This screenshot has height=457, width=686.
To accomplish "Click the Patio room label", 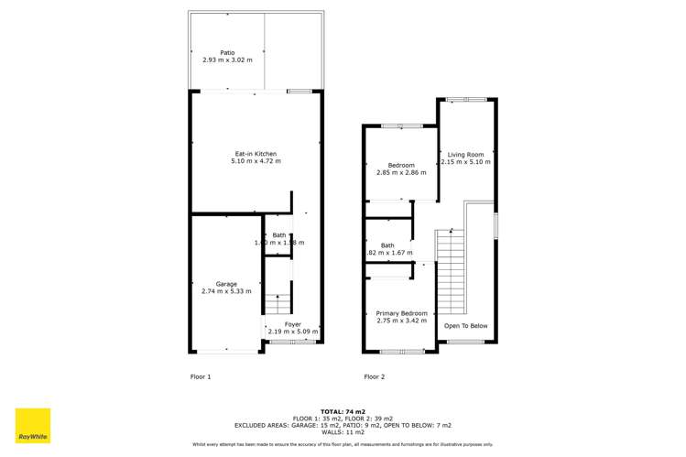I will click(x=227, y=53).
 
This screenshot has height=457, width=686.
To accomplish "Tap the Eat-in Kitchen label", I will click(x=256, y=153).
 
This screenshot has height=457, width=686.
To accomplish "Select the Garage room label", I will click(x=226, y=283).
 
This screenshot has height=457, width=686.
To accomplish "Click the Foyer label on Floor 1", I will click(x=292, y=324).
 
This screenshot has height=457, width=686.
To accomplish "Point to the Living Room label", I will click(x=465, y=154).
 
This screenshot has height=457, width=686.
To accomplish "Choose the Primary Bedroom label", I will click(x=401, y=313).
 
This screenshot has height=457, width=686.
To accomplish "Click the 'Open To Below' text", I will click(x=465, y=326).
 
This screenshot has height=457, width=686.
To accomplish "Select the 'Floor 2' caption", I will click(x=374, y=376).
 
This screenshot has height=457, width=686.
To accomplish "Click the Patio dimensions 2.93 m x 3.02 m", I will click(x=227, y=61).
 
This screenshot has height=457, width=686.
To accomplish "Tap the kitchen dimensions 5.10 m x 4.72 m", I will click(x=256, y=161).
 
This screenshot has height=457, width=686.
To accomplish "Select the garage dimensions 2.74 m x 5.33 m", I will click(x=226, y=291).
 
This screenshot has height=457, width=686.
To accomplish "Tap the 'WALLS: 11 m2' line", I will click(x=343, y=432).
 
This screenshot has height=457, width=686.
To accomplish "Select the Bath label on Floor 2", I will click(x=387, y=245).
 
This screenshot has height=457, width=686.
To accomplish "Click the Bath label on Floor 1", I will click(x=278, y=235).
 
